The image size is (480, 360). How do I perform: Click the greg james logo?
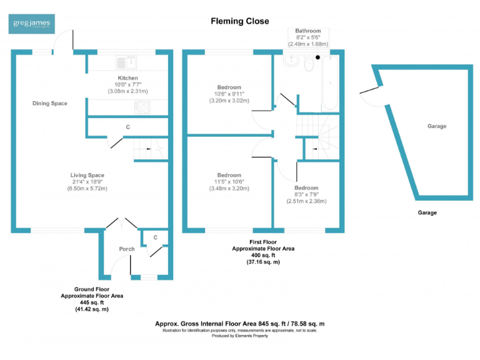pos(33,24)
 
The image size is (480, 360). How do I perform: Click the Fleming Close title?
pos(239,21)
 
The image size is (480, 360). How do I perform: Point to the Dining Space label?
pos(50,103)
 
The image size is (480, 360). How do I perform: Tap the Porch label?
pos(127,249)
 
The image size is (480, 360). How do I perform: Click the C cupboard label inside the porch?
pos(155,237)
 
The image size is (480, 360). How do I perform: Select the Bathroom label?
pos(308,31)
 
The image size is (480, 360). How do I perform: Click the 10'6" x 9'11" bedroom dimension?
pos(229,94)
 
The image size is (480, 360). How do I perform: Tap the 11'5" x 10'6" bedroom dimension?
pos(229,181)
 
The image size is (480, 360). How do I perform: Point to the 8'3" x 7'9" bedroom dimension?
pos(306,194)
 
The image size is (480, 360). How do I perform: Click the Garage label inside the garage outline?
pos(436,126)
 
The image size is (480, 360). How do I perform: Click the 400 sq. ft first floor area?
pos(263,255)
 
